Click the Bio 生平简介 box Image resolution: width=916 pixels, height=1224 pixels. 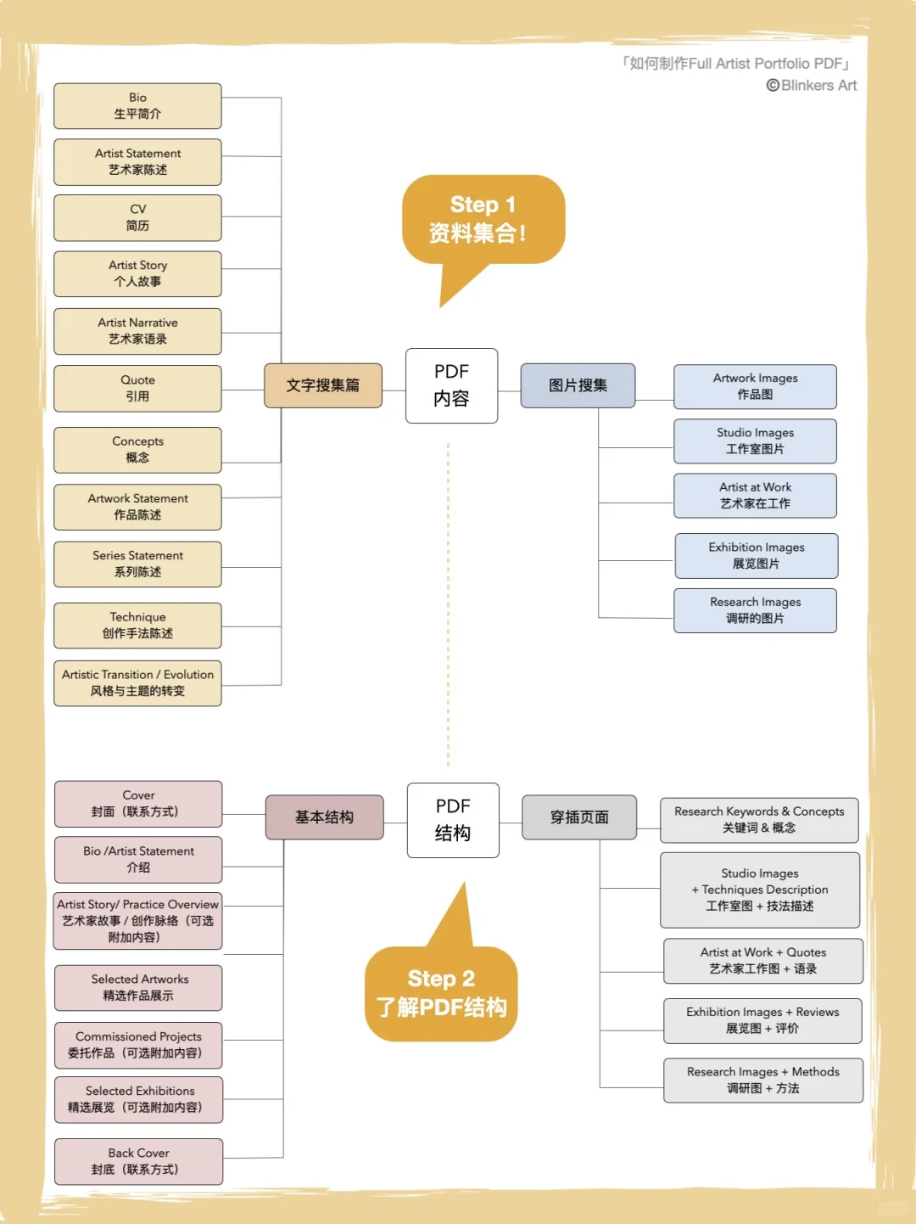click(x=137, y=106)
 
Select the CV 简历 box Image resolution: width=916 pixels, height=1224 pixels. click(x=137, y=218)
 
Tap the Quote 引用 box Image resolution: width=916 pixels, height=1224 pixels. click(x=137, y=389)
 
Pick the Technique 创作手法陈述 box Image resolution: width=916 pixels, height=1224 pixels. click(x=137, y=626)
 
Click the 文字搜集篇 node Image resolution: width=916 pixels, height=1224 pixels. click(x=323, y=385)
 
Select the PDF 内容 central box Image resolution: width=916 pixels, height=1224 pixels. click(x=451, y=385)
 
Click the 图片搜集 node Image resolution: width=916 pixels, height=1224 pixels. click(x=578, y=385)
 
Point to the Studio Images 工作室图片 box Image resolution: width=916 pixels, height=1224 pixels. click(x=755, y=441)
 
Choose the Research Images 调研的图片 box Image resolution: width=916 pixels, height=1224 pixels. click(x=755, y=610)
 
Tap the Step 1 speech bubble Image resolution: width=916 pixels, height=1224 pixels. click(x=483, y=220)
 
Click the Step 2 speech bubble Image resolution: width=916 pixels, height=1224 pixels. click(x=441, y=993)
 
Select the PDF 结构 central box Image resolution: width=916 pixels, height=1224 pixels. click(x=453, y=820)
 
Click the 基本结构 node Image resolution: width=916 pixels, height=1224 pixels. click(x=324, y=817)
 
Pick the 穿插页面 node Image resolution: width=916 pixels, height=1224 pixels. click(x=579, y=817)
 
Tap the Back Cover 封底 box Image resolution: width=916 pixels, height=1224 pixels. click(x=138, y=1161)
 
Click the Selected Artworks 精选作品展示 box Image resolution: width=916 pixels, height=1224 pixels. click(x=138, y=988)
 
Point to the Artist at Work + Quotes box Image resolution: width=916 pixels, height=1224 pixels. click(x=763, y=961)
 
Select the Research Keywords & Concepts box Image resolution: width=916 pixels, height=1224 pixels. click(x=759, y=820)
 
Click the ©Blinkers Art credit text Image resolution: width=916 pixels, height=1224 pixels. click(x=812, y=86)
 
